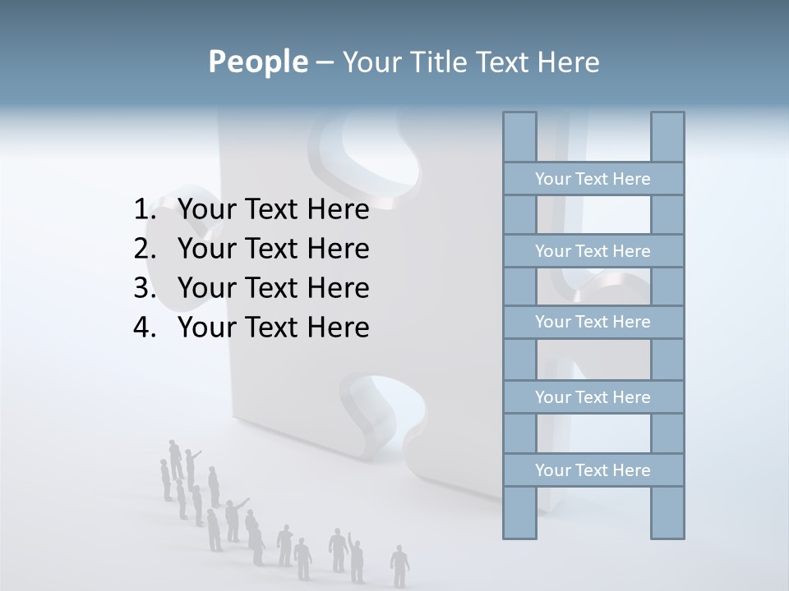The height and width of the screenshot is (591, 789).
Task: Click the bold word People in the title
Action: [257, 62]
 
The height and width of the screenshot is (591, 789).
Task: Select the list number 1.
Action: [144, 210]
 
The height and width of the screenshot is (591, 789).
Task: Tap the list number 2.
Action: [144, 249]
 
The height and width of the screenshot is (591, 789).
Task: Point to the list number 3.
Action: [144, 288]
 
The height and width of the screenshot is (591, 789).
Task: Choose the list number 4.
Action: [144, 328]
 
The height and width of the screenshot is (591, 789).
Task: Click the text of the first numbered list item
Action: [273, 210]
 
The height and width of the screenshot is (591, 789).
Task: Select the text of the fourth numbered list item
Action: [273, 328]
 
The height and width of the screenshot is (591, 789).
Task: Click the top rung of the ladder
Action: [593, 179]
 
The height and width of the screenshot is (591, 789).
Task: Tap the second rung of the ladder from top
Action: [593, 251]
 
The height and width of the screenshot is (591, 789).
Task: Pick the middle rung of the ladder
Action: [593, 322]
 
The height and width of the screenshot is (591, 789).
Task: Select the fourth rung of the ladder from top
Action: [593, 397]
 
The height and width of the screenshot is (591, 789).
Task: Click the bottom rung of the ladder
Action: [593, 470]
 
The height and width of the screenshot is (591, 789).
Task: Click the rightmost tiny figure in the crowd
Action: [399, 565]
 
